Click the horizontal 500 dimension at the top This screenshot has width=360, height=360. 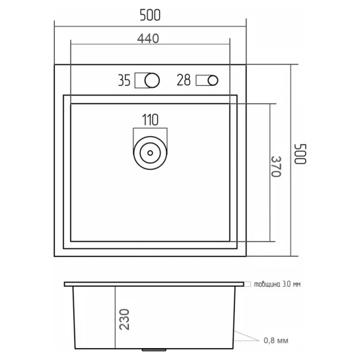click(x=150, y=15)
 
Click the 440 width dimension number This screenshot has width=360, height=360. click(x=148, y=38)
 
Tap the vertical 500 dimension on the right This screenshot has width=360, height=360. click(x=301, y=154)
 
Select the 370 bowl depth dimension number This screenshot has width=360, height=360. click(x=276, y=166)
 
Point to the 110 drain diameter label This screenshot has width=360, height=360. click(x=150, y=120)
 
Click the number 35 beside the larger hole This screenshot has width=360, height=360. click(x=124, y=81)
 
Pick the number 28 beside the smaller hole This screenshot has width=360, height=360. click(x=184, y=80)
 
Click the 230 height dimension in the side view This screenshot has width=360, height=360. click(x=124, y=319)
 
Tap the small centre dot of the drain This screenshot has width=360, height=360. click(x=150, y=153)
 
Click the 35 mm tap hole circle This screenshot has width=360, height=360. click(x=152, y=81)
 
